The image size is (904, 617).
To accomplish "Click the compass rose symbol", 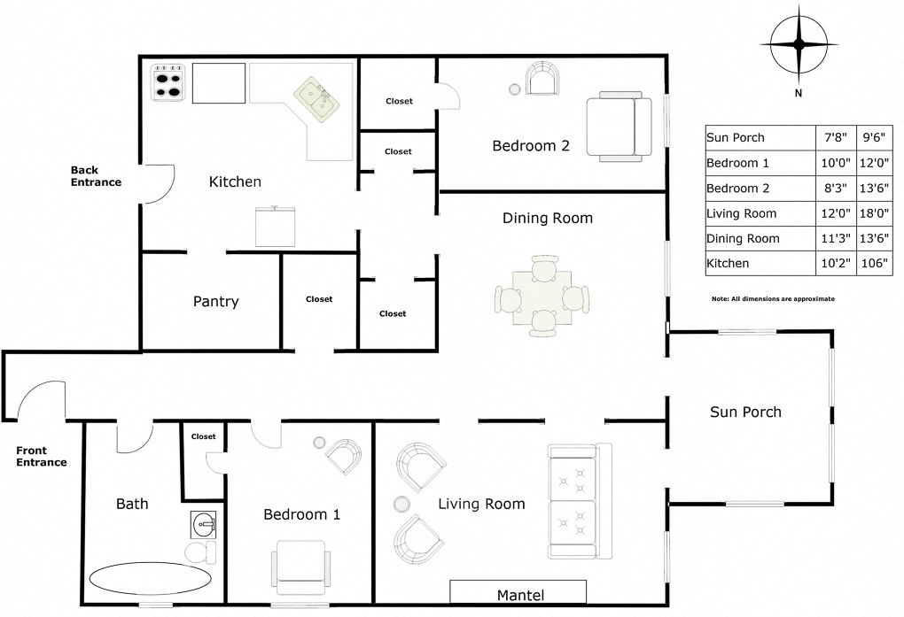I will [x=799, y=43].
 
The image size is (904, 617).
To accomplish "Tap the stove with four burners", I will [x=168, y=81].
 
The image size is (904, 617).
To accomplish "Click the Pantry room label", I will [x=216, y=302].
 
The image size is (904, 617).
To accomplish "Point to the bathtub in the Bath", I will [x=148, y=581].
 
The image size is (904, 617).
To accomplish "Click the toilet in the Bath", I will [x=200, y=551].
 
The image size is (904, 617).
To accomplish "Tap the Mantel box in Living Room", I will [x=518, y=593].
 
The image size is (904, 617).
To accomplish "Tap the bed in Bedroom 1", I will [x=304, y=567].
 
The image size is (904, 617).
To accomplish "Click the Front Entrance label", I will [x=42, y=457].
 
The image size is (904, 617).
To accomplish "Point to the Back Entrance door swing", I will [x=157, y=183].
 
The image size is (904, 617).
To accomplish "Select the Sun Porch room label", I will [x=745, y=412].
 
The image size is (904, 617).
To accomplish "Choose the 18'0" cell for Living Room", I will [x=874, y=213].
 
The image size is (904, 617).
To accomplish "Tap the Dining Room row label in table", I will [x=743, y=238].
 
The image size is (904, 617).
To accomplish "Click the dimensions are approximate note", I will [x=773, y=299].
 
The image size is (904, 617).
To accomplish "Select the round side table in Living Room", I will [x=401, y=504].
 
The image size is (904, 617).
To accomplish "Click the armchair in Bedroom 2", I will [x=542, y=80].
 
